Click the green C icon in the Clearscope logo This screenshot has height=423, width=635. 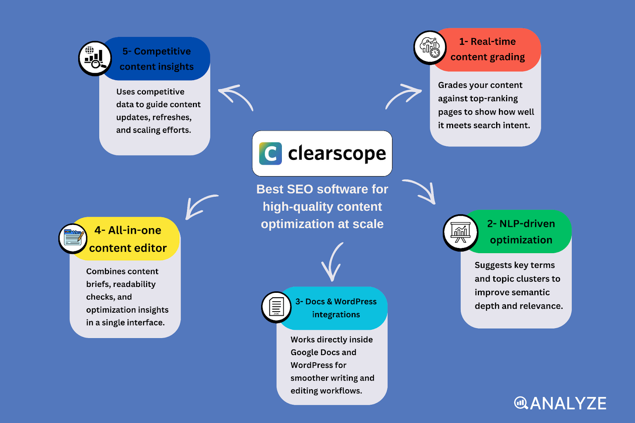tap(270, 154)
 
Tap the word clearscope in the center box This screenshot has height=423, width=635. tap(337, 154)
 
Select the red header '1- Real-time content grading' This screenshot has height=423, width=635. tap(487, 50)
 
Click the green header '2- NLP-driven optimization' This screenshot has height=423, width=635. tap(521, 232)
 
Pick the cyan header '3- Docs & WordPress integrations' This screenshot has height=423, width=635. tap(336, 308)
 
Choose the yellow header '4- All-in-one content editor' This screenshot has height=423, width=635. tap(128, 239)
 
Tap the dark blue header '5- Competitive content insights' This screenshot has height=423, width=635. tap(156, 59)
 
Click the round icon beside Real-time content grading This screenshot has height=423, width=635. tap(430, 48)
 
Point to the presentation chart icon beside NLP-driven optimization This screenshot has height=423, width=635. tap(460, 233)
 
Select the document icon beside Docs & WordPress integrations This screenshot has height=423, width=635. tap(276, 307)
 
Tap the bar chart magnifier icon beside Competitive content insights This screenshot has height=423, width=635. tap(94, 58)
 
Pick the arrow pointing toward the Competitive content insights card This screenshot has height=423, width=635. tap(236, 96)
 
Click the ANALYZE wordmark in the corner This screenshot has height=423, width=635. tap(560, 404)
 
